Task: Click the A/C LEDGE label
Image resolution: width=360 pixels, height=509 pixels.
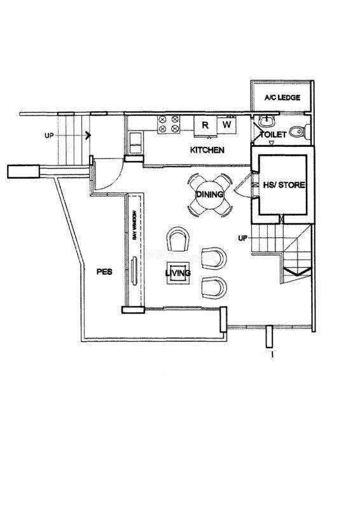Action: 282,97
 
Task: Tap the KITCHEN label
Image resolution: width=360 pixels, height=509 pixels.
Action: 207,150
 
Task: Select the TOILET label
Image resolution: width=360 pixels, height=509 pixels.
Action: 273,134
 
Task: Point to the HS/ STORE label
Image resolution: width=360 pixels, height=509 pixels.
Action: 284,185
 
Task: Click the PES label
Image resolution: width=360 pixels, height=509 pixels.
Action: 104,272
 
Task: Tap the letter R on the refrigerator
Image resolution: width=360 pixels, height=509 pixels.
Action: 205,125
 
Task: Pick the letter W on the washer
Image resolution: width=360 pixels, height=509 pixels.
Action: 227,124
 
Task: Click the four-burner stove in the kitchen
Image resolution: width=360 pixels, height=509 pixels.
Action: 169,124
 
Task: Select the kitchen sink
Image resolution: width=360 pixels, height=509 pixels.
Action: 135,143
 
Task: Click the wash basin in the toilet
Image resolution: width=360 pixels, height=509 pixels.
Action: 268,122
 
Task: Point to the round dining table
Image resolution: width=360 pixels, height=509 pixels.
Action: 210,195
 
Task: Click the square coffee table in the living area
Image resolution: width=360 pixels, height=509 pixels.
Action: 178,273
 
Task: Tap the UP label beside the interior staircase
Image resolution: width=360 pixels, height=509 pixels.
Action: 242,238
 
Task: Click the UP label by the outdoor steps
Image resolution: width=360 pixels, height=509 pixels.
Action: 49,136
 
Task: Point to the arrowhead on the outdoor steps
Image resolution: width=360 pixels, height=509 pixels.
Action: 88,136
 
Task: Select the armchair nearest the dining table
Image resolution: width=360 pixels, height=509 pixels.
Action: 178,239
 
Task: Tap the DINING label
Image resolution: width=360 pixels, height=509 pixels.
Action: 210,195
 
